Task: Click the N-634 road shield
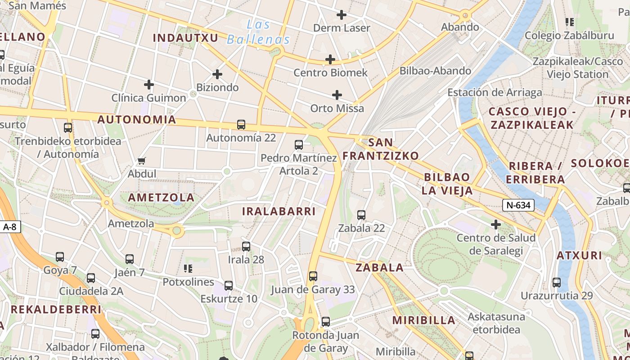(518, 206)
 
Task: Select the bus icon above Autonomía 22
(241, 125)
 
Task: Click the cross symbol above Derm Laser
(342, 15)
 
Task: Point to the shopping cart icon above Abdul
(142, 161)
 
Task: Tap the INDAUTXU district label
(185, 38)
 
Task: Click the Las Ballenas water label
(258, 32)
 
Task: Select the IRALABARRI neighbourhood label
(279, 211)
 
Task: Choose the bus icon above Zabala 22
(361, 215)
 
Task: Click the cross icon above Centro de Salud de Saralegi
(496, 224)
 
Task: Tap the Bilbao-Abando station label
(435, 71)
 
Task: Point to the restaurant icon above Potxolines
(188, 269)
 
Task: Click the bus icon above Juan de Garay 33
(313, 276)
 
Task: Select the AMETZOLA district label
(161, 198)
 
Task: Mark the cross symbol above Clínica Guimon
(148, 85)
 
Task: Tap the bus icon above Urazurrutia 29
(557, 283)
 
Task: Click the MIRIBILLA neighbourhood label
(424, 320)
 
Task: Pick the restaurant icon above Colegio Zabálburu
(569, 22)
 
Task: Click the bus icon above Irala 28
(246, 247)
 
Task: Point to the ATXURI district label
(579, 256)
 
